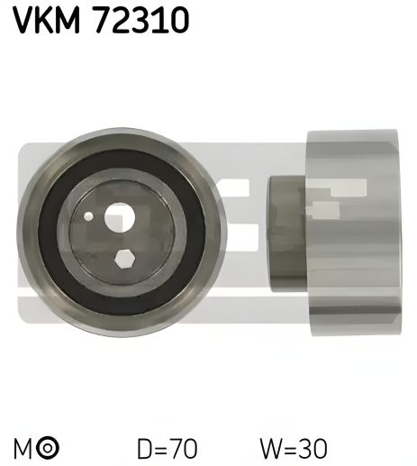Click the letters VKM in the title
coord(44,20)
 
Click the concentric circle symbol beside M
coord(49,448)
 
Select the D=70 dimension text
coord(167,447)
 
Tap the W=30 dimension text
coord(293,447)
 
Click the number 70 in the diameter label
coord(183,447)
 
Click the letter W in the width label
coord(268,447)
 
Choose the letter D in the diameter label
coord(145,447)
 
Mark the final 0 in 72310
coord(177,20)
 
